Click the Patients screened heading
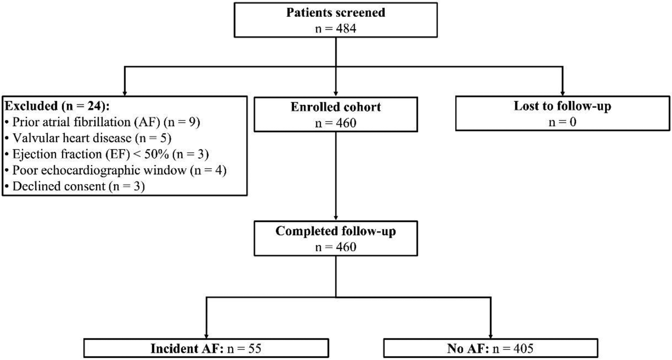(336, 12)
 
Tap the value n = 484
(336, 28)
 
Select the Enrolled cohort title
(336, 107)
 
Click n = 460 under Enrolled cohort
(336, 123)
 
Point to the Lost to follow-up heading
(562, 106)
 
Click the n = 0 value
(562, 122)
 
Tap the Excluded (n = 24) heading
(57, 106)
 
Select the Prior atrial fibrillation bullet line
(103, 122)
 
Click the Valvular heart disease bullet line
(88, 138)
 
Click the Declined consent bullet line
(75, 187)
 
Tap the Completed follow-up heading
(336, 231)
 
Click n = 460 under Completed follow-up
(336, 247)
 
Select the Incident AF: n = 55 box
(206, 348)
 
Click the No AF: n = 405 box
(490, 348)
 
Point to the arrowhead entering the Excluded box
(124, 93)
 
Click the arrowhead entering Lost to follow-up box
(563, 93)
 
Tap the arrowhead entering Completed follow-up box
(336, 218)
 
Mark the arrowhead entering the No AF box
(491, 336)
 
